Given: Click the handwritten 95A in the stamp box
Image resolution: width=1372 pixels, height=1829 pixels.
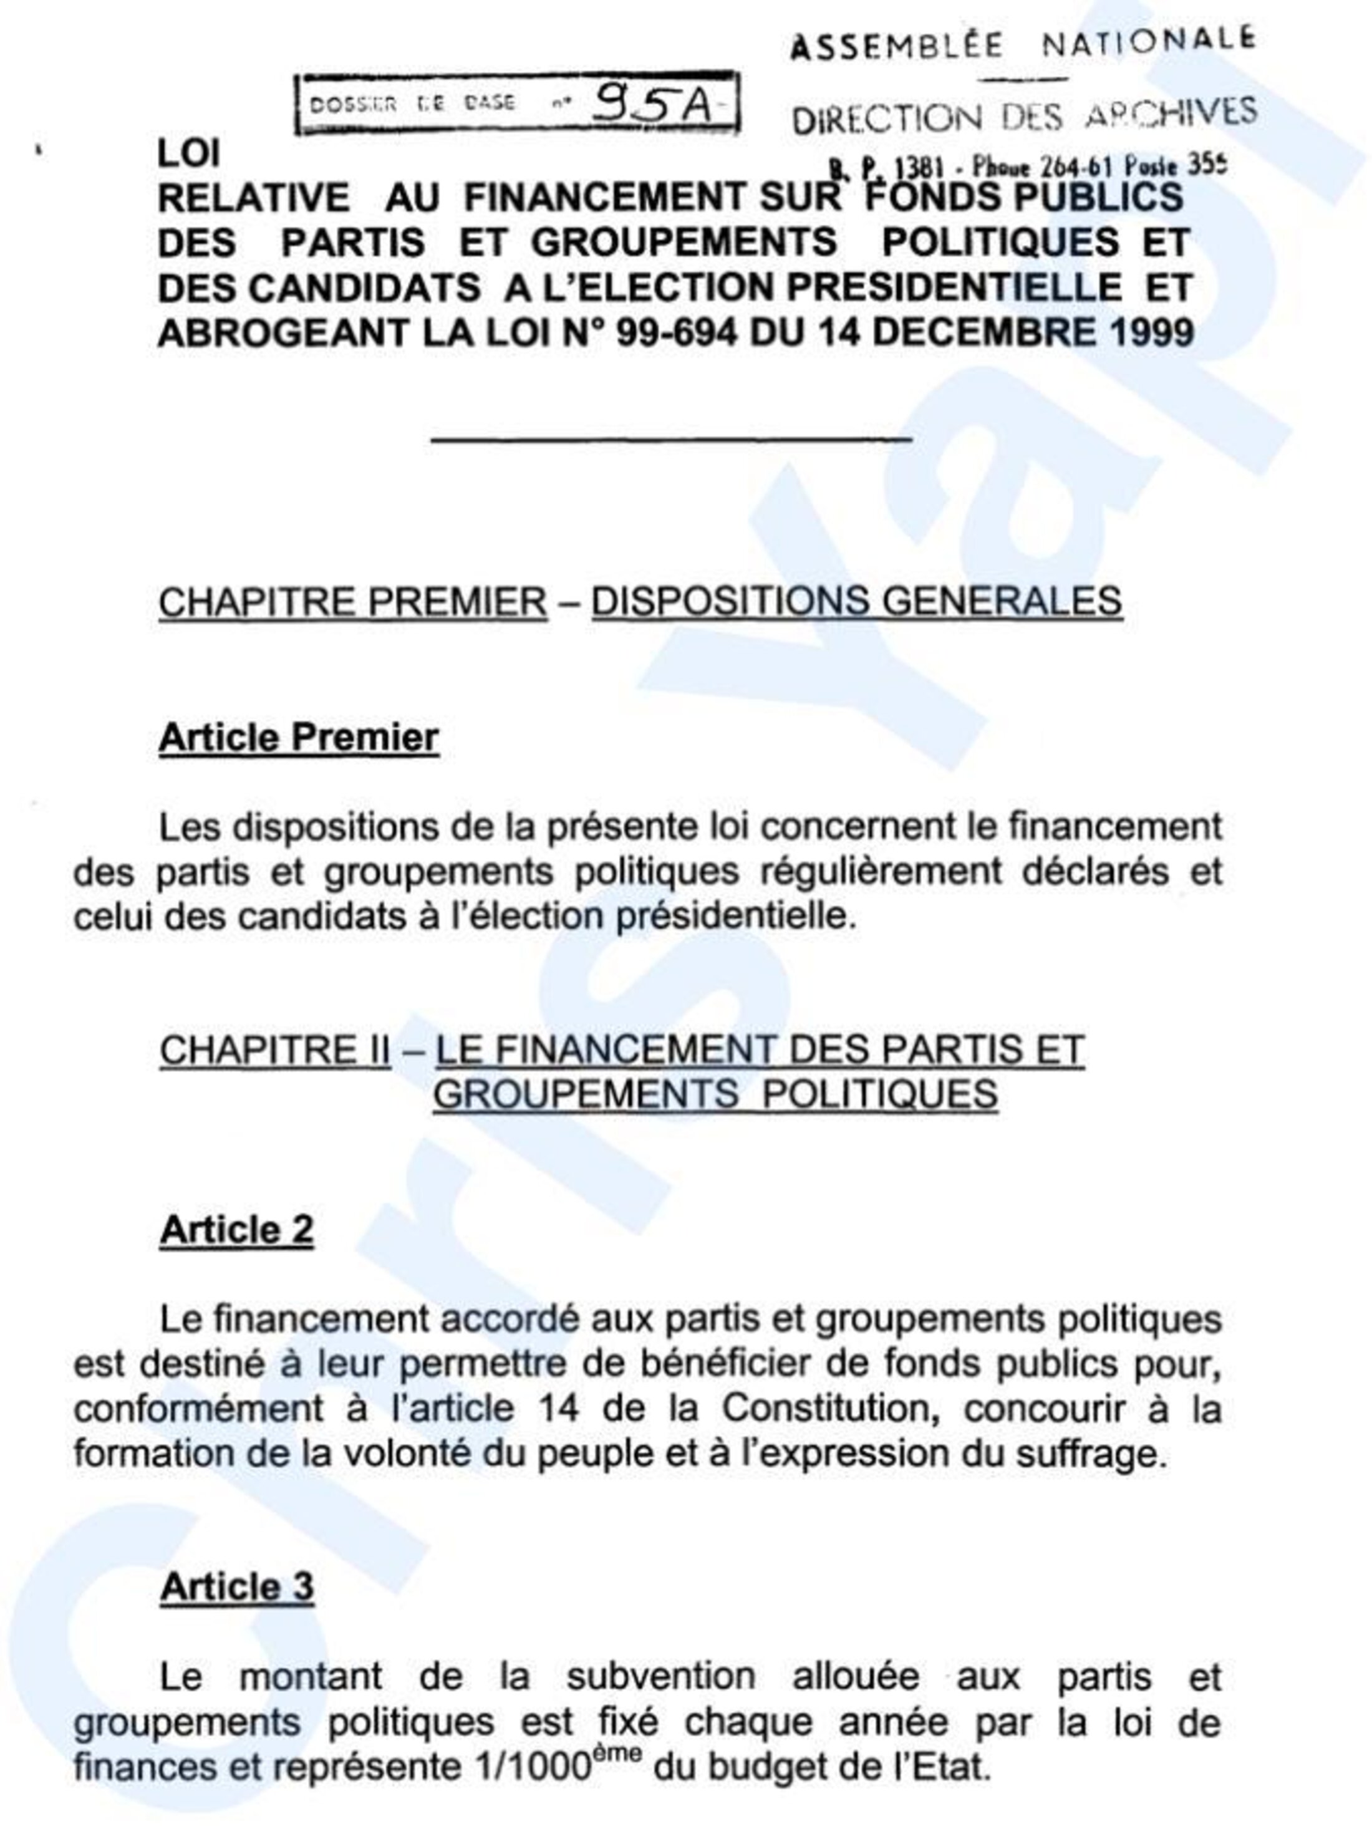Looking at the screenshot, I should pos(654,105).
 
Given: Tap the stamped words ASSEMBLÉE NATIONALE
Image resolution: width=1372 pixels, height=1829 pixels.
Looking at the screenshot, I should pos(1022,43).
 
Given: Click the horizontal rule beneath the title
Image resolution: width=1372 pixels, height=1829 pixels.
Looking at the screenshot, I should pos(670,439).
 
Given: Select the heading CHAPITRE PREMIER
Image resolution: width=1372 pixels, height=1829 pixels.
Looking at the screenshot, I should pos(353,602).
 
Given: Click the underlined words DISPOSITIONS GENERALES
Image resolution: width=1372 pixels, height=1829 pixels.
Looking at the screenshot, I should pos(856,602).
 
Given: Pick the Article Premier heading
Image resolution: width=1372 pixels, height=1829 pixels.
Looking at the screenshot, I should pos(299,738).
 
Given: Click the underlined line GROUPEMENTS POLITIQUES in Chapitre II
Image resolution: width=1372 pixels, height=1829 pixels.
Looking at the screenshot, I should pos(715,1095).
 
